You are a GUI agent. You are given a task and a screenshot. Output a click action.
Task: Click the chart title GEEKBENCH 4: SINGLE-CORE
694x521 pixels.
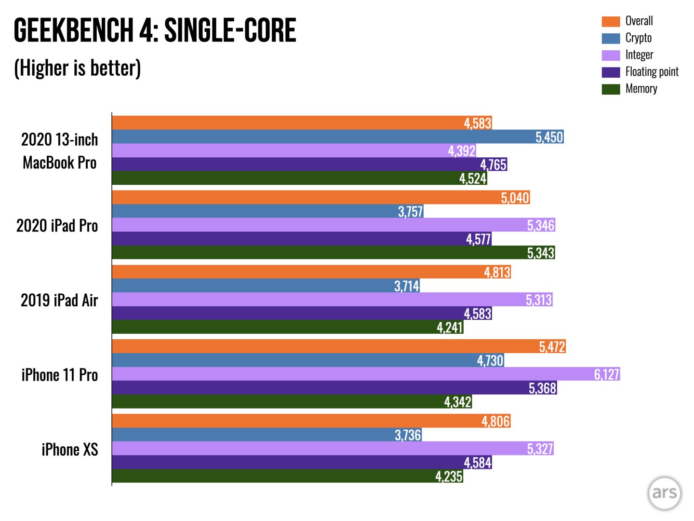pos(155,30)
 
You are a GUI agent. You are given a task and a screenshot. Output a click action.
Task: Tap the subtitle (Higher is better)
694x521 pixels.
pos(78,68)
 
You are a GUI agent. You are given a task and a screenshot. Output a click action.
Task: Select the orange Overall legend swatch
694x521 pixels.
pos(611,21)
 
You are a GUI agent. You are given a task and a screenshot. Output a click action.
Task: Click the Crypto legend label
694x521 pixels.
pos(638,38)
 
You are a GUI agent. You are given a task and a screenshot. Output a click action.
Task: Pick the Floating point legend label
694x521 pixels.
pos(652,72)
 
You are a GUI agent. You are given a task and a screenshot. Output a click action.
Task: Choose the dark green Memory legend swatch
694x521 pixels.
pos(611,89)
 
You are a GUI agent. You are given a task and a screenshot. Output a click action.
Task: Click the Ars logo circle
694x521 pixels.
pos(664,493)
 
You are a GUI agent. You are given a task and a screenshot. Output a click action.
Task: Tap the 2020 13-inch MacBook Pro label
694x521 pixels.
pos(60,151)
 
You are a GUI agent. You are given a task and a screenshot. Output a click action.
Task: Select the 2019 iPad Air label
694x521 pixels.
pos(59,301)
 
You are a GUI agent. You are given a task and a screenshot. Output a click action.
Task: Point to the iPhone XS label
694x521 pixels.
pos(70,450)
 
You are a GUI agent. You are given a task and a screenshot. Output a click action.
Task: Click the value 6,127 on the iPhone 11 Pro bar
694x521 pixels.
pos(606,374)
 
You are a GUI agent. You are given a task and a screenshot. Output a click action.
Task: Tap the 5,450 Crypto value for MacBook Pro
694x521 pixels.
pos(549,137)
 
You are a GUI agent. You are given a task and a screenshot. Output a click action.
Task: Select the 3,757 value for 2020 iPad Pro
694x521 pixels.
pos(410,212)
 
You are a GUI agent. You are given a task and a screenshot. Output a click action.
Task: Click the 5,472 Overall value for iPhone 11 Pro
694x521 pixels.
pos(552,347)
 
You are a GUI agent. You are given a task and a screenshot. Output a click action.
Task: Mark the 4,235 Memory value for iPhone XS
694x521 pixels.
pos(449,477)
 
